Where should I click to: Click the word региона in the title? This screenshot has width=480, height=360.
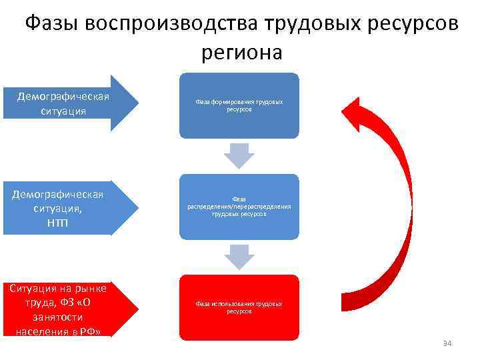(240, 52)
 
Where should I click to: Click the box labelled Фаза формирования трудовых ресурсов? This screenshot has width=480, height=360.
(239, 105)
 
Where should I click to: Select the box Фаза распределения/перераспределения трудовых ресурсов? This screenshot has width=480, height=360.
(239, 207)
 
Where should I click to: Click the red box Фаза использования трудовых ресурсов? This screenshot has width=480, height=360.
(239, 307)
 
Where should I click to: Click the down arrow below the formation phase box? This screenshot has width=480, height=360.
(239, 155)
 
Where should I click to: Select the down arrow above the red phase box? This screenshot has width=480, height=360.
(239, 257)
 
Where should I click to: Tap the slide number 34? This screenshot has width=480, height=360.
(447, 343)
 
